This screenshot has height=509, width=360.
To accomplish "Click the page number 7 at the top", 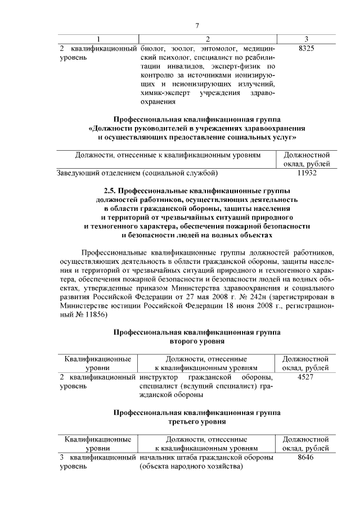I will coord(197,25).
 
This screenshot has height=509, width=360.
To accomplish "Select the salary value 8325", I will coord(306,49).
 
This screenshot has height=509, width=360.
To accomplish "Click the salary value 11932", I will coord(306,173).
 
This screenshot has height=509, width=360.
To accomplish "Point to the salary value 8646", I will coord(306,457).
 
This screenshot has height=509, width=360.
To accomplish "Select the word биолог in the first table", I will coord(152,49).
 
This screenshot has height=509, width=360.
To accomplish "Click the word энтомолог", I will coord(212,49).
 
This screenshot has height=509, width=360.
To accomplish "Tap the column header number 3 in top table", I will coord(306,39).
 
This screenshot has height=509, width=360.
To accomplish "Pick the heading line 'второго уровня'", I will coord(197,341).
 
